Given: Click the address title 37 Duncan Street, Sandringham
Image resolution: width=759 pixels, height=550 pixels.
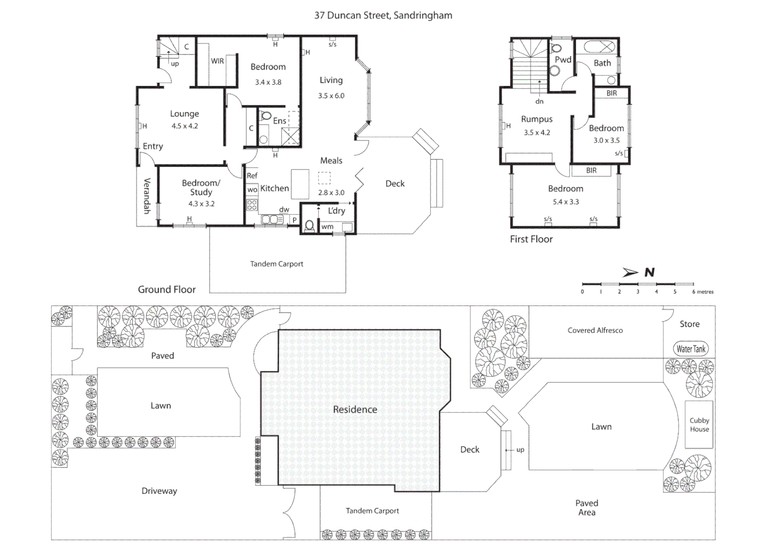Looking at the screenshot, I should tap(383, 15).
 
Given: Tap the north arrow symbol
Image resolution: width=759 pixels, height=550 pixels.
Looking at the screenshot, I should tap(631, 272).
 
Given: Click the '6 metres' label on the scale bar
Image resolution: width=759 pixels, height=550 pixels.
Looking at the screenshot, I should tap(702, 292).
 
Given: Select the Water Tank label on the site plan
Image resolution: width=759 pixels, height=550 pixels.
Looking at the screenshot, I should tap(691, 349).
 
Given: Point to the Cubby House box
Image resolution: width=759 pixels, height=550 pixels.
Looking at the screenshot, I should tap(699, 425).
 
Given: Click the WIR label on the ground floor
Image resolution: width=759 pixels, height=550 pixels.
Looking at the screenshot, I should tap(217, 61).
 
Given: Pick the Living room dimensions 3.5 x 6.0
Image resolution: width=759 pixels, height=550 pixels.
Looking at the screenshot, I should tap(331, 96).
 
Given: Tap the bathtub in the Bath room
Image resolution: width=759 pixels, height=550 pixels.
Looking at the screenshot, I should tap(599, 47).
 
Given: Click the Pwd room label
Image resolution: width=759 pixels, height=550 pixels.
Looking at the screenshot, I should tap(563, 60).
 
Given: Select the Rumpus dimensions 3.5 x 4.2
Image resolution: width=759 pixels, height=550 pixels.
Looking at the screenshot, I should tap(537, 132).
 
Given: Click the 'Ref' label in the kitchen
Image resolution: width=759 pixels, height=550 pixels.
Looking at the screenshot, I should tap(252, 176).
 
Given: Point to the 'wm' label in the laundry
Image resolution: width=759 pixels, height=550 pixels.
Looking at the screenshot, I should tap(327, 227).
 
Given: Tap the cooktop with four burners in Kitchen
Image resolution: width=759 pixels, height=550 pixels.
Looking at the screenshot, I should tap(252, 205).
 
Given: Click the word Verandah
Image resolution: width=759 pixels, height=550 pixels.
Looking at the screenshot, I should tap(147, 196).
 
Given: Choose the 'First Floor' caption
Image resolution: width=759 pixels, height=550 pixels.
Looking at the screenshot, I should tap(531, 239).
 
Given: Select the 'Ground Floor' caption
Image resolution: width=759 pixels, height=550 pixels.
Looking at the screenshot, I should tap(166, 289).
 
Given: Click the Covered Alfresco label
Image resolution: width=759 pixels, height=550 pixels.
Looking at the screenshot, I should tap(595, 331).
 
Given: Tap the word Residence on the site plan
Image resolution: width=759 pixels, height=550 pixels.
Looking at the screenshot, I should tap(355, 409).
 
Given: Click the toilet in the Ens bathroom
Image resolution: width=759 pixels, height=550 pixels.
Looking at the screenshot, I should tap(265, 117).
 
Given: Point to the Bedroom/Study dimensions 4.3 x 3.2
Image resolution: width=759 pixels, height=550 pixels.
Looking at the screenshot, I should tap(201, 204).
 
